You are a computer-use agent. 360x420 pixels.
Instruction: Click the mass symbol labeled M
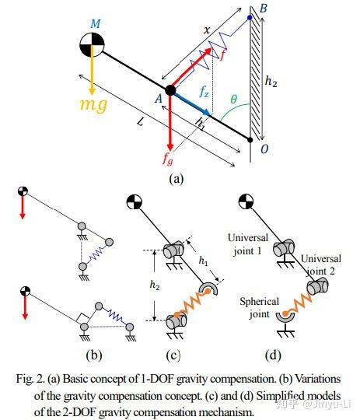pyautogui.click(x=92, y=44)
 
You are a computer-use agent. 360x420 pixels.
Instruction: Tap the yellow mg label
pyautogui.click(x=93, y=104)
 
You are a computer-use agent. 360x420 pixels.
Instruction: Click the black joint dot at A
pyautogui.click(x=170, y=90)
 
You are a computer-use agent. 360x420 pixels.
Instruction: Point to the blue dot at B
pyautogui.click(x=250, y=18)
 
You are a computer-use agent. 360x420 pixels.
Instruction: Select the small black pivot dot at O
pyautogui.click(x=250, y=139)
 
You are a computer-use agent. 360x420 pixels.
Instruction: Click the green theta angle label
pyautogui.click(x=234, y=99)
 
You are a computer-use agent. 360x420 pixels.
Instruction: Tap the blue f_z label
pyautogui.click(x=204, y=92)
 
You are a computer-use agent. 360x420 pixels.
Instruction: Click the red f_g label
pyautogui.click(x=168, y=159)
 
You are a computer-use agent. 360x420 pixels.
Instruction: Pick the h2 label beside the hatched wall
pyautogui.click(x=271, y=81)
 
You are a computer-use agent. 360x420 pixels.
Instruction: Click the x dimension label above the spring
pyautogui.click(x=207, y=30)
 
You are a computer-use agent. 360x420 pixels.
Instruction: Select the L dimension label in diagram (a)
pyautogui.click(x=141, y=122)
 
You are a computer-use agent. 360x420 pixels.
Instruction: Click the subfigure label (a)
pyautogui.click(x=177, y=178)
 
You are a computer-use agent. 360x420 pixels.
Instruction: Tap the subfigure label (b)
pyautogui.click(x=94, y=355)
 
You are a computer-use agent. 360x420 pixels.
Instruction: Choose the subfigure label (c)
pyautogui.click(x=173, y=355)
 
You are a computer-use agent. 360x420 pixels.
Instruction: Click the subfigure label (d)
pyautogui.click(x=273, y=355)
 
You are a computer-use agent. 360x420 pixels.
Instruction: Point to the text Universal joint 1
pyautogui.click(x=248, y=244)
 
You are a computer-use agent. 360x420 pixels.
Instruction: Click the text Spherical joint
pyautogui.click(x=259, y=307)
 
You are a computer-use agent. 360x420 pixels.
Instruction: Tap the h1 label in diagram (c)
pyautogui.click(x=203, y=261)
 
